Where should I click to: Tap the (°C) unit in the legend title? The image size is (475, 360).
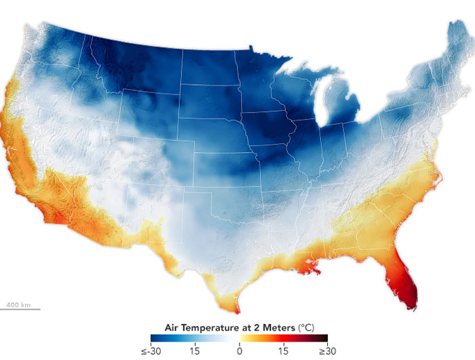tap(307, 327)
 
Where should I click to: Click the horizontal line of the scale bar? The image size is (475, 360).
tap(20, 309)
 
